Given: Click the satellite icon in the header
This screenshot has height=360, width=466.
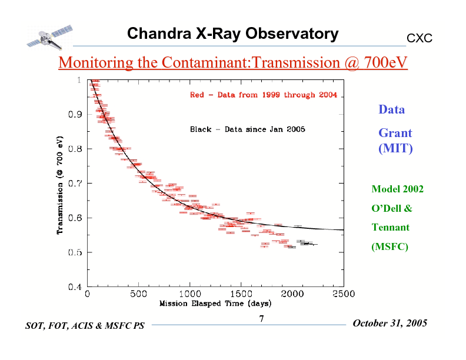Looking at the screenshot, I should (49, 36).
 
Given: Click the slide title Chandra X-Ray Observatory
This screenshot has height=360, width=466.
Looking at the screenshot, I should (232, 34).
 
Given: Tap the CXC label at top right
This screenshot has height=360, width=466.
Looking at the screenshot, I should (420, 38).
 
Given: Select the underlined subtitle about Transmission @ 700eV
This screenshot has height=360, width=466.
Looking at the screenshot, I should (233, 62).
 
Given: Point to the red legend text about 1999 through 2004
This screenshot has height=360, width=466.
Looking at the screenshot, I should (263, 95).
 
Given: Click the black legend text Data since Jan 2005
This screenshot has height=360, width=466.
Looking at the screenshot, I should (247, 129).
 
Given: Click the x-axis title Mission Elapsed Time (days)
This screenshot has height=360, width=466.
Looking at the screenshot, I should (215, 304).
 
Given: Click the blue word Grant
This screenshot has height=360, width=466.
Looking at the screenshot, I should (395, 133).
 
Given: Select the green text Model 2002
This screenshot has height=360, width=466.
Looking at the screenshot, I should (397, 189).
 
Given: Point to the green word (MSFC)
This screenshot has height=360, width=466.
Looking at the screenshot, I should (390, 246).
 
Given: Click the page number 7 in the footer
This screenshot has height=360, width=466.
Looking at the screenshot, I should (261, 319).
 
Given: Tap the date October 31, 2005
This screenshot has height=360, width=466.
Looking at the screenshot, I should (390, 324).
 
